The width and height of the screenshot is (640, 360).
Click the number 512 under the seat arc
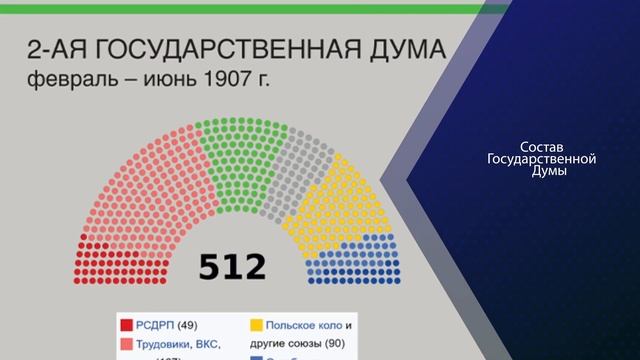(232, 267)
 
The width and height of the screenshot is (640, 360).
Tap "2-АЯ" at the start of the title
(58, 50)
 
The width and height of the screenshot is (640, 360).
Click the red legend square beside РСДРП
(127, 325)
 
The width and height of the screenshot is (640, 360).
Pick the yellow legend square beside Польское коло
(256, 325)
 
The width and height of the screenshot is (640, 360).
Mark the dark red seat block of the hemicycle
(100, 255)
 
